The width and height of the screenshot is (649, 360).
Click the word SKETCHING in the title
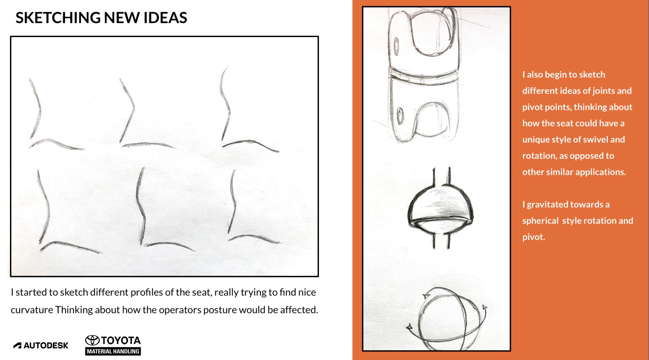[x=58, y=18]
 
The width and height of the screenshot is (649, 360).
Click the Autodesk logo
[x=41, y=345]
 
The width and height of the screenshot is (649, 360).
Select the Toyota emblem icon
[x=92, y=340]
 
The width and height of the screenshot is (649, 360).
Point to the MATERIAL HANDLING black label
[x=113, y=351]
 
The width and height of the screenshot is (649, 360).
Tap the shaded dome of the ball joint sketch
[x=440, y=204]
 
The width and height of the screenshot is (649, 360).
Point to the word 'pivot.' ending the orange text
[x=534, y=237]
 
